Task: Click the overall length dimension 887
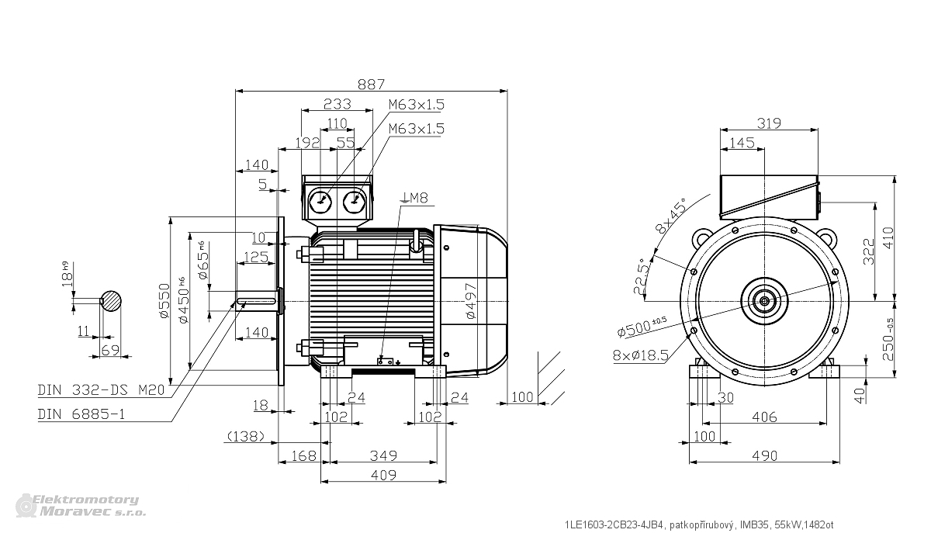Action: pyautogui.click(x=371, y=85)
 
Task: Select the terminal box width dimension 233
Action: pyautogui.click(x=337, y=103)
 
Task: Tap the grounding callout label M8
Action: pyautogui.click(x=418, y=198)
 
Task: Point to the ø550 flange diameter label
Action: pyautogui.click(x=165, y=300)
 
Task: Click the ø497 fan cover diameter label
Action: pyautogui.click(x=471, y=300)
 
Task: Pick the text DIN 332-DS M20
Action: pyautogui.click(x=101, y=390)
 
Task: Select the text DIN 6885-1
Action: pyautogui.click(x=81, y=414)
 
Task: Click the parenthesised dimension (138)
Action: pyautogui.click(x=246, y=436)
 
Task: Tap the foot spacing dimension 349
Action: pyautogui.click(x=383, y=455)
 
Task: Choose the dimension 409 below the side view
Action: pyautogui.click(x=383, y=475)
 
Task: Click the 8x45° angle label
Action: pyautogui.click(x=670, y=216)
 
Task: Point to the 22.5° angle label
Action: pyautogui.click(x=641, y=276)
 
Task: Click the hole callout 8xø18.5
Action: pyautogui.click(x=641, y=355)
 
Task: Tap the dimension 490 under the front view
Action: pyautogui.click(x=765, y=456)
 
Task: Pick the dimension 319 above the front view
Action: pyautogui.click(x=769, y=123)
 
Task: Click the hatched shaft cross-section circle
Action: pyautogui.click(x=111, y=301)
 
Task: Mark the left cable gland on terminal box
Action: pyautogui.click(x=320, y=202)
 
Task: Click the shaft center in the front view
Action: pyautogui.click(x=764, y=301)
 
